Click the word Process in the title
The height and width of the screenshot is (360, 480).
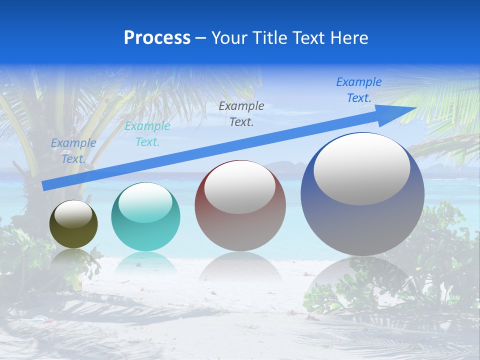tap(157, 38)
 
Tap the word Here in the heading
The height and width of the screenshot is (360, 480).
tap(349, 38)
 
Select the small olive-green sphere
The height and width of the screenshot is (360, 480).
tap(73, 224)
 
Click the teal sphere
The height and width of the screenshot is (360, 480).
tap(145, 217)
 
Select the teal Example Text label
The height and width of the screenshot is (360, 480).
tap(147, 134)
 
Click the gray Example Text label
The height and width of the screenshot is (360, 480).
tap(241, 113)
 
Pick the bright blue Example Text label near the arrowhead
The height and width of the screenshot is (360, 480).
tap(359, 90)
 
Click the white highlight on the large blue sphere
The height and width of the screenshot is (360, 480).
tap(361, 169)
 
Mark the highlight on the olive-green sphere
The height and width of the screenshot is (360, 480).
tap(73, 213)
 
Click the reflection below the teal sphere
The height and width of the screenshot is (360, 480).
tap(145, 262)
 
